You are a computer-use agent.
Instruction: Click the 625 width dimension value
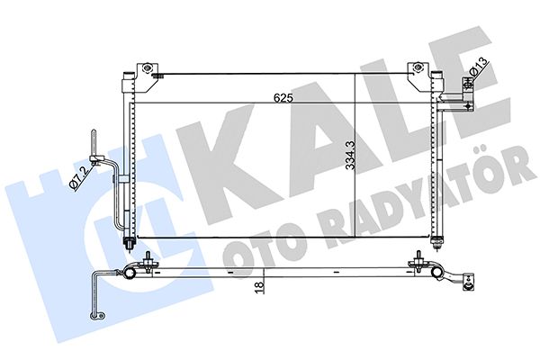tap(283, 98)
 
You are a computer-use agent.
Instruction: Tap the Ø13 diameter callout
tap(479, 67)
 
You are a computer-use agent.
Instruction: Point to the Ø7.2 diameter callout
tap(77, 176)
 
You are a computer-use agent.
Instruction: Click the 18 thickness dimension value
tap(259, 286)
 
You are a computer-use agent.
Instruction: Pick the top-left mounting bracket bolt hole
tap(148, 67)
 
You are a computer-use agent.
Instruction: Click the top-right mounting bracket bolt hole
tap(417, 67)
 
